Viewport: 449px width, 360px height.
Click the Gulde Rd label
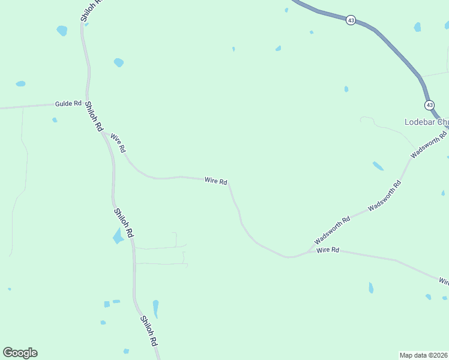click(x=68, y=104)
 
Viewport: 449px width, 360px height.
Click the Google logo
click(x=20, y=353)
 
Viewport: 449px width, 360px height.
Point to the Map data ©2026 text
click(x=424, y=355)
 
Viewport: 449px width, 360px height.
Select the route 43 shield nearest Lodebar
click(x=429, y=105)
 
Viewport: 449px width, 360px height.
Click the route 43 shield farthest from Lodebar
click(x=351, y=20)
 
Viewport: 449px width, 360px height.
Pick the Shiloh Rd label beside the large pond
click(x=123, y=223)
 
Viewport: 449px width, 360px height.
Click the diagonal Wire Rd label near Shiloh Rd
click(x=118, y=143)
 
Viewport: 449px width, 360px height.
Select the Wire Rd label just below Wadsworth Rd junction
click(x=328, y=250)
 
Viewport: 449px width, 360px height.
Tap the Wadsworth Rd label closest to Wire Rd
click(x=332, y=231)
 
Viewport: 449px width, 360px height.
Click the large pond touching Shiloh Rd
click(x=118, y=236)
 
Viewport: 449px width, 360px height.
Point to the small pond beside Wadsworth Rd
click(x=378, y=166)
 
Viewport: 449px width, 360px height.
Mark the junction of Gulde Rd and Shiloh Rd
click(x=88, y=103)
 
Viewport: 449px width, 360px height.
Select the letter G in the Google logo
click(x=8, y=352)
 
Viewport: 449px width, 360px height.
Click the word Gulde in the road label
click(x=63, y=104)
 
